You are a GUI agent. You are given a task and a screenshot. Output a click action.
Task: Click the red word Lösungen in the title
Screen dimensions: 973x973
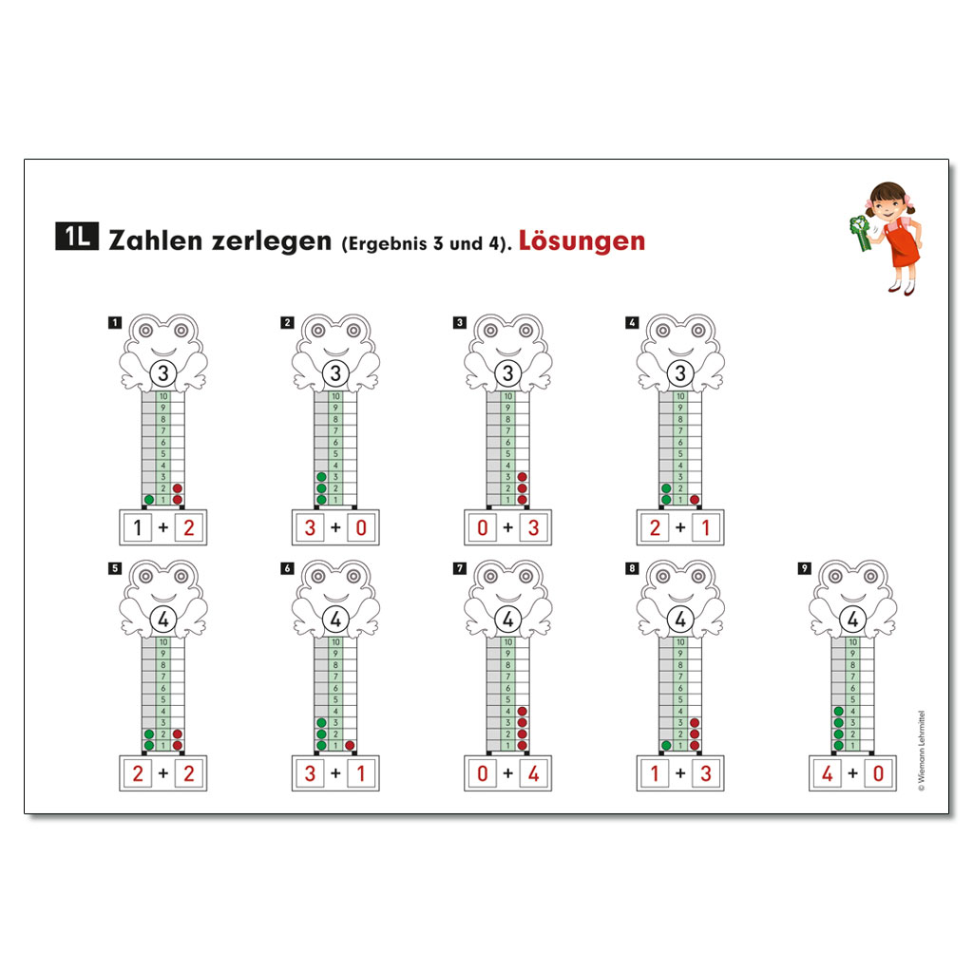(x=582, y=240)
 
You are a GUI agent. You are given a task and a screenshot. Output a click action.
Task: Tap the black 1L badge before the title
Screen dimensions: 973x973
(x=77, y=236)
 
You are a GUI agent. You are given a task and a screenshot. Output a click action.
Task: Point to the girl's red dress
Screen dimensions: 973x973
(x=903, y=246)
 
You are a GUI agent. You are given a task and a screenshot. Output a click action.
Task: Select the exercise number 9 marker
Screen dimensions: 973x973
(x=804, y=568)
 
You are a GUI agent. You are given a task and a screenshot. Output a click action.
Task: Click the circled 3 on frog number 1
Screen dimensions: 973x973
(x=163, y=373)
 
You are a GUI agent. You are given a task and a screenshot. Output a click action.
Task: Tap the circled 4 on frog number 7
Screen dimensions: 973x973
(x=508, y=620)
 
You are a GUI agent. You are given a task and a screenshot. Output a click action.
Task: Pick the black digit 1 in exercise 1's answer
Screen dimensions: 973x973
(x=138, y=528)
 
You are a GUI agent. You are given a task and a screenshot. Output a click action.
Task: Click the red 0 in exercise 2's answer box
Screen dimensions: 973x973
(x=361, y=528)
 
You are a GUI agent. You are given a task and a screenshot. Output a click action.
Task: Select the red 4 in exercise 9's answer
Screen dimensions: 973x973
(x=828, y=773)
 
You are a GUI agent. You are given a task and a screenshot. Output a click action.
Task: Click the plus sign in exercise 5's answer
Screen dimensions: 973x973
(x=163, y=773)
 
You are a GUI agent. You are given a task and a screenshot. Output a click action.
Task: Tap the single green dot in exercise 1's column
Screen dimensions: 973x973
(x=149, y=500)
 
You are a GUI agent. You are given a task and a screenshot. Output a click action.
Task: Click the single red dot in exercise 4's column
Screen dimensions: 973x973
(x=695, y=500)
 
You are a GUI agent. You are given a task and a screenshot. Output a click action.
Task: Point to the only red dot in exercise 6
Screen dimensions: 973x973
(x=350, y=745)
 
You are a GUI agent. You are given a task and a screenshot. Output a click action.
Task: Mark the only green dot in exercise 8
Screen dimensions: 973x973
(x=666, y=745)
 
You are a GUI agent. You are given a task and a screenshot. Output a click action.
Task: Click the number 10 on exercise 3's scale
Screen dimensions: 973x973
(x=508, y=396)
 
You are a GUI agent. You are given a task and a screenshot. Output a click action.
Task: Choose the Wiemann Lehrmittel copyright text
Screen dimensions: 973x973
(x=922, y=751)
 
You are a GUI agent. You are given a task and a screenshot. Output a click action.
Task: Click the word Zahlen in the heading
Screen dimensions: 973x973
(x=156, y=240)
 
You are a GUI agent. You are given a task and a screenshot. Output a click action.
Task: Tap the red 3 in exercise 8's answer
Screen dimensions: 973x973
(x=706, y=773)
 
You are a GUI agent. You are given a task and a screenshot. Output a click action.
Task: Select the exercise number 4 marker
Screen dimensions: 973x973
(x=632, y=323)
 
